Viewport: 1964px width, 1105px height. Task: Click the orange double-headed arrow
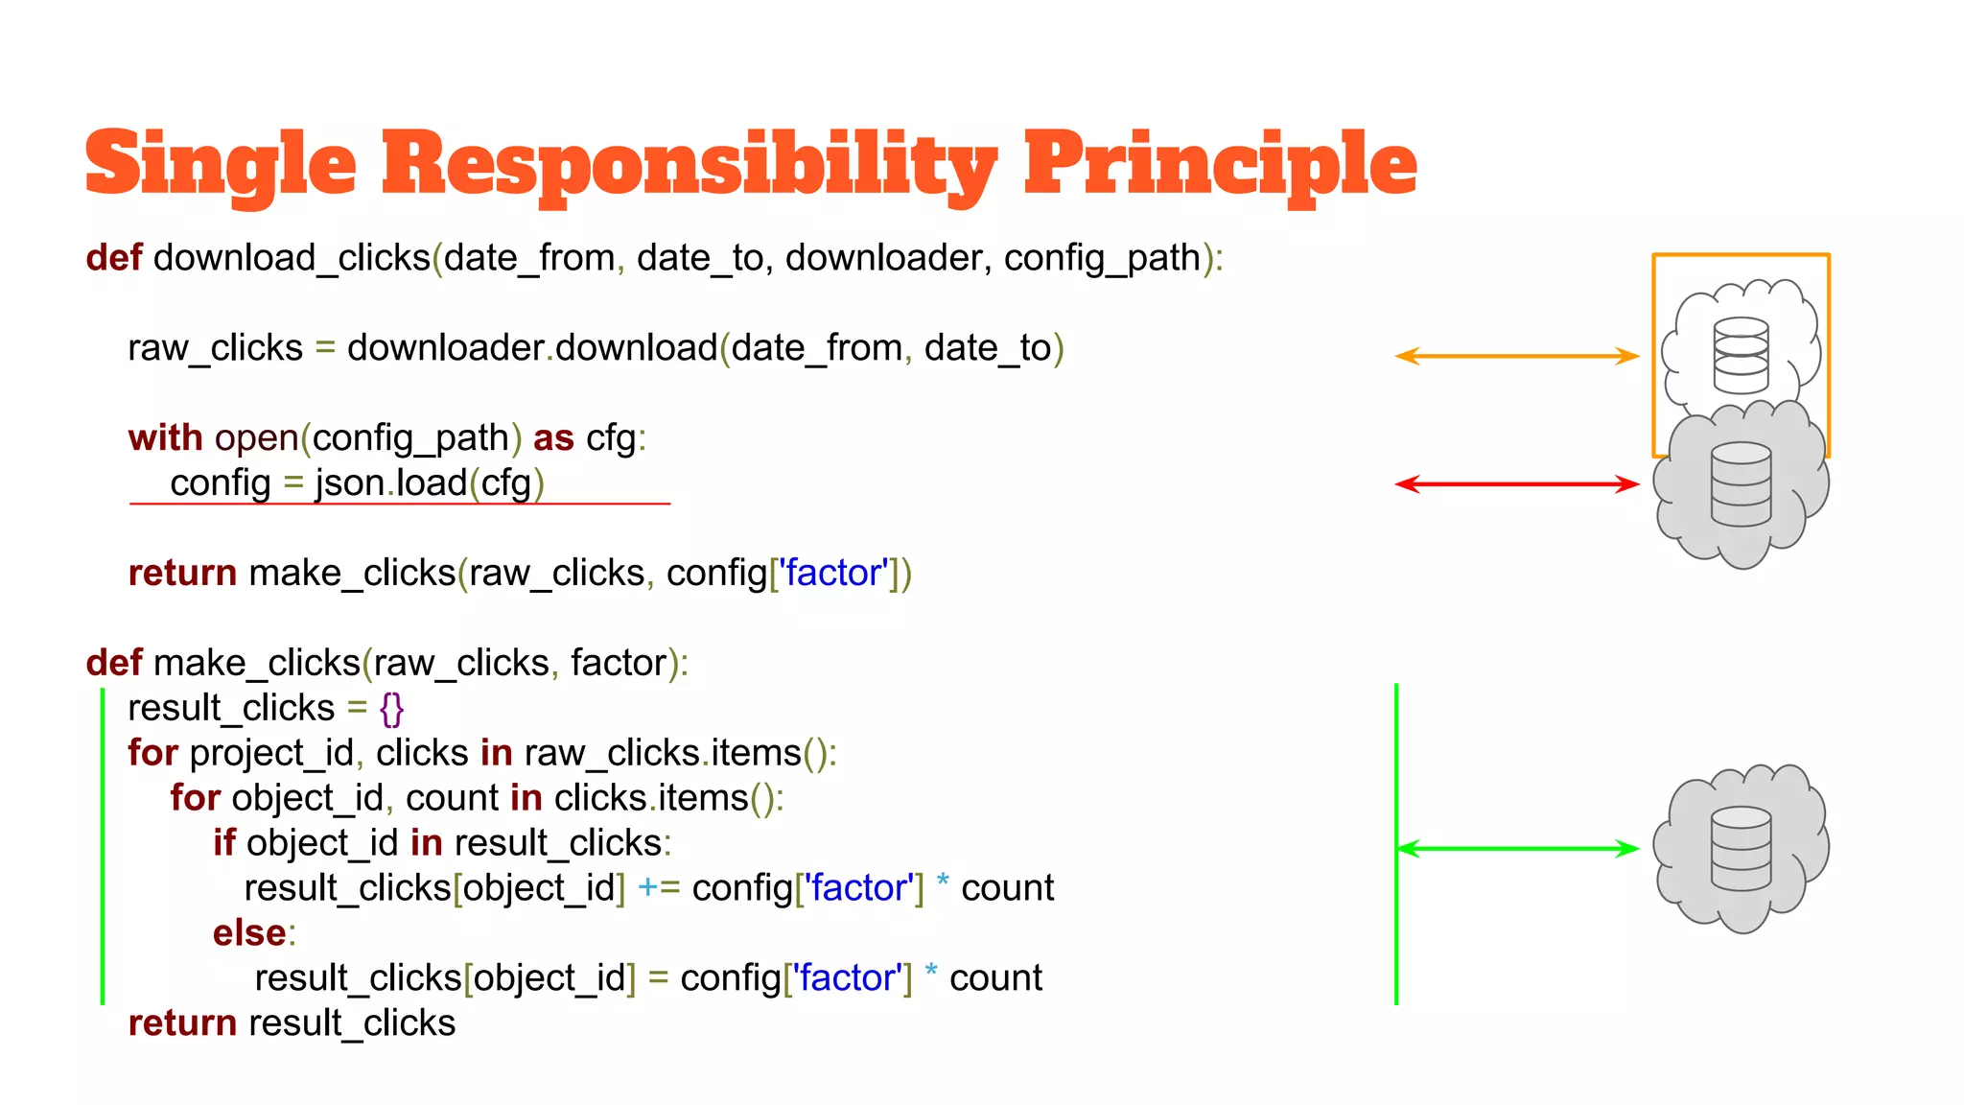[1517, 356]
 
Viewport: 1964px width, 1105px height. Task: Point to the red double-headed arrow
[1517, 483]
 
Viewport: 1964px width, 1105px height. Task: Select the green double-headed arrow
[1517, 848]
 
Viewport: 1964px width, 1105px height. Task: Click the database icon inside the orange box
[1741, 355]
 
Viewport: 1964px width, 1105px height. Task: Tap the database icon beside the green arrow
[1741, 848]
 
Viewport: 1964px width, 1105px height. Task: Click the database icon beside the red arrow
[1741, 483]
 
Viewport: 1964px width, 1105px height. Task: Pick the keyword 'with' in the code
[165, 437]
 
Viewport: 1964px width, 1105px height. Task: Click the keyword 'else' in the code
[249, 932]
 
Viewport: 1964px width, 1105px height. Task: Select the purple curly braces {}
[391, 709]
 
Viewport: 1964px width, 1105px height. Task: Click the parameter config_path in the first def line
[1102, 258]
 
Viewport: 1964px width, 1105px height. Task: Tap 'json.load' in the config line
[390, 482]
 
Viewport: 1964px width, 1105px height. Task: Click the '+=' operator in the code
[658, 888]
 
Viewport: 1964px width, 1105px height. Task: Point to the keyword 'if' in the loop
[224, 843]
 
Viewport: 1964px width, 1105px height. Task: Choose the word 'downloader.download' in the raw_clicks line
[532, 347]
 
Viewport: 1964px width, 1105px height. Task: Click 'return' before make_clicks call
[182, 573]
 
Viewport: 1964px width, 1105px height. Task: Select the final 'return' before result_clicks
[182, 1023]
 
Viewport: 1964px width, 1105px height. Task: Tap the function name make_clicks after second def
[256, 663]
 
